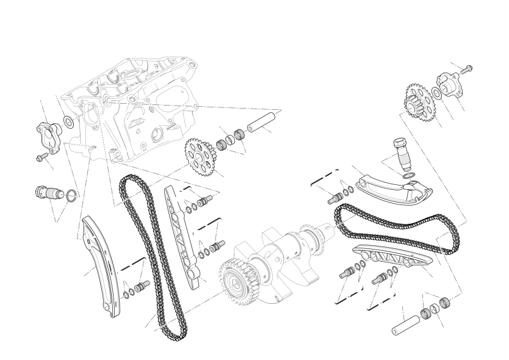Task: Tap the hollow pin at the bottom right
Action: [x=403, y=324]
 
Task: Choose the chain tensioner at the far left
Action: [x=48, y=193]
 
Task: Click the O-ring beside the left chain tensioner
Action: [x=71, y=195]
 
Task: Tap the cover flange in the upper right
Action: [x=449, y=85]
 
